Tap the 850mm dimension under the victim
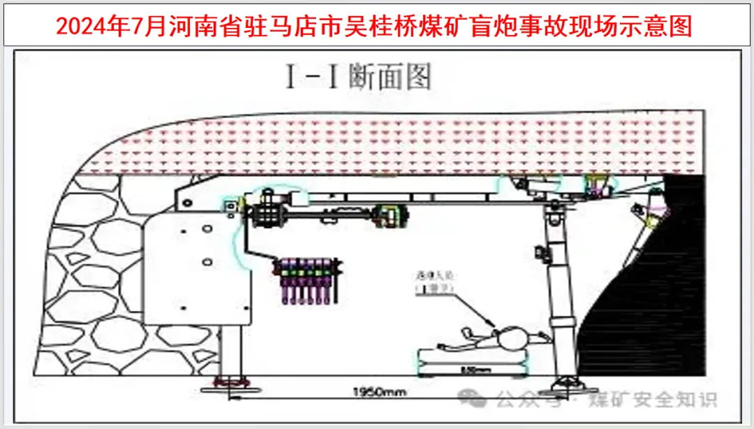(466, 369)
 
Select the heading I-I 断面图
(357, 76)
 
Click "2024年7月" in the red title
(110, 27)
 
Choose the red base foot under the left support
(231, 382)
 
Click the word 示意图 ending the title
(660, 27)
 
